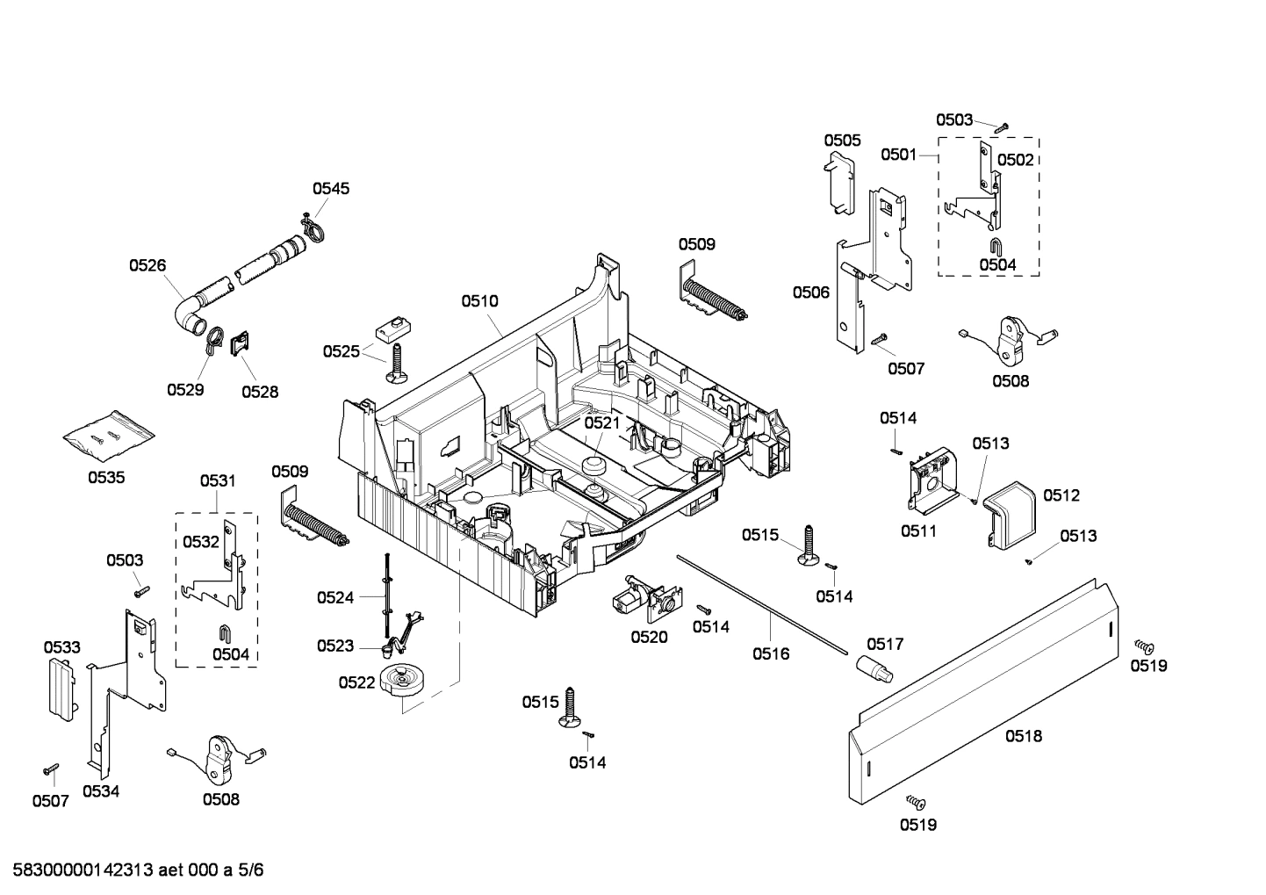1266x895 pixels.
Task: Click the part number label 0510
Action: point(479,301)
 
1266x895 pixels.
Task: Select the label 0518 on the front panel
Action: point(1024,736)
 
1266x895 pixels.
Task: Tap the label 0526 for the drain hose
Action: point(147,265)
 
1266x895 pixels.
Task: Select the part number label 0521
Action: point(602,422)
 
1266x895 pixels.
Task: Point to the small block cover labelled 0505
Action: point(840,184)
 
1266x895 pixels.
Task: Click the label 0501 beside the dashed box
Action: point(898,155)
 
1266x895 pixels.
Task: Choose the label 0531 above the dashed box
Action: point(217,480)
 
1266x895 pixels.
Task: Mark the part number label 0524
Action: point(335,598)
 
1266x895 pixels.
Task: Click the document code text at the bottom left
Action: point(133,870)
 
